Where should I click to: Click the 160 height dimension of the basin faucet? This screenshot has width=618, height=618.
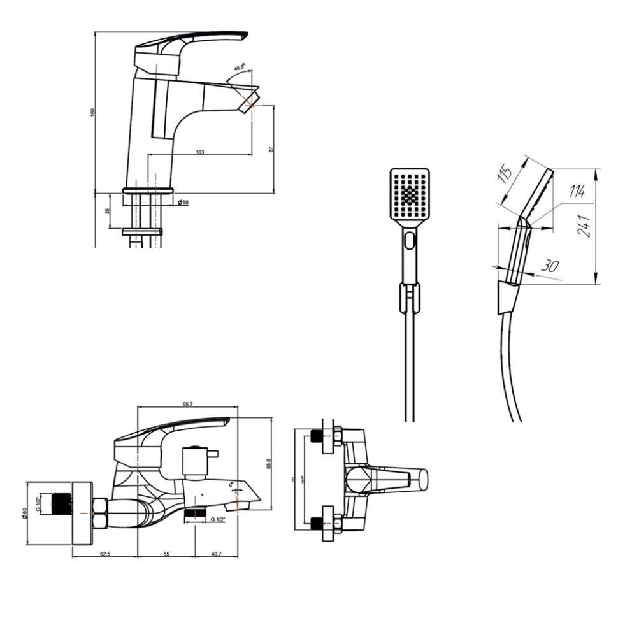coord(92,111)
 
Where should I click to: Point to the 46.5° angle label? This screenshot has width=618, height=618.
coord(239,67)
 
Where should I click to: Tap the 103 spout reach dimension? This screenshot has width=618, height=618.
coord(200,152)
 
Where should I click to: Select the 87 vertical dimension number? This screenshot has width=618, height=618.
coord(271,149)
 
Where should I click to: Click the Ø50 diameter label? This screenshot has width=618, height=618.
coord(183,202)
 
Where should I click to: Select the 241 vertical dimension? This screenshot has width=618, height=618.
coord(584,226)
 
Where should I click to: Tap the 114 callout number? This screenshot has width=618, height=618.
coord(576,190)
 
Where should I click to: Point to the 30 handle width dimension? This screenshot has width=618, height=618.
coord(549,266)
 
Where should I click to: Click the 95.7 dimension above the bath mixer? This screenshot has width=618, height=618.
coord(187,404)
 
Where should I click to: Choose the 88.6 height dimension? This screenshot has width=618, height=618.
coord(269,463)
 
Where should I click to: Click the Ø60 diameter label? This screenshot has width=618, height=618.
coord(24,513)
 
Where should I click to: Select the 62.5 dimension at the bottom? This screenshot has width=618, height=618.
coord(105,554)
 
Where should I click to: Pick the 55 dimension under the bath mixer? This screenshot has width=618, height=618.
coord(166,554)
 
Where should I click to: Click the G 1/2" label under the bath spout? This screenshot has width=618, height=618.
coord(218,519)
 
